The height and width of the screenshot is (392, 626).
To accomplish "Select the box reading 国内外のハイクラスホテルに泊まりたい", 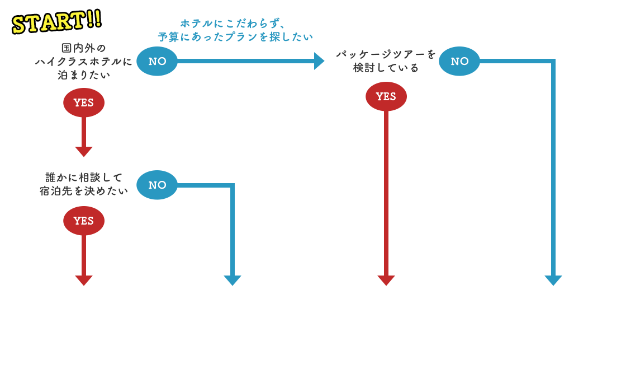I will pos(84,61).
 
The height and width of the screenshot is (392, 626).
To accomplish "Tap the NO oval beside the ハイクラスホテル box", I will pos(157,61).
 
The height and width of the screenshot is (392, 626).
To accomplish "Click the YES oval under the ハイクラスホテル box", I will pos(84,102).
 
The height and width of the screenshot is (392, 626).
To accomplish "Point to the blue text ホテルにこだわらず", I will pos(233,24).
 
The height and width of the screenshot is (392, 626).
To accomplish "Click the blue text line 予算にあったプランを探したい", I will pos(235,38).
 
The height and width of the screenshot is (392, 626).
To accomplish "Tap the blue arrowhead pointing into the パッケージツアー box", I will pos(319,61).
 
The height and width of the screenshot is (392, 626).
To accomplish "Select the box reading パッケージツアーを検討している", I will pos(386,61).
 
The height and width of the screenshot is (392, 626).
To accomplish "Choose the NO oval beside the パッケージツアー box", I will pos(459,61).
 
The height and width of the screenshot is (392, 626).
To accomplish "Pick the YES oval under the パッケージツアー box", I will pos(386,96).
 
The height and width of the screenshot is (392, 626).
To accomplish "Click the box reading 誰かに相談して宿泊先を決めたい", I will pos(84,184).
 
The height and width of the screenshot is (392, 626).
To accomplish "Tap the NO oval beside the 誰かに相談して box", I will pos(157,185).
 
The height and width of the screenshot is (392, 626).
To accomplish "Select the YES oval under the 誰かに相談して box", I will pos(84,221).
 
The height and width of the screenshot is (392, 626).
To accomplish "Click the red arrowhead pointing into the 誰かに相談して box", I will pos(84,152).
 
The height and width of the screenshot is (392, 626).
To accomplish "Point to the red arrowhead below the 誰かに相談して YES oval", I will pos(84,281).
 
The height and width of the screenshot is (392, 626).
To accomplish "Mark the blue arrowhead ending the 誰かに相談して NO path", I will pos(232,281).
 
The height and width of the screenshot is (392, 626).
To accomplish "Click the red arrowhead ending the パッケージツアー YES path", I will pos(386,281).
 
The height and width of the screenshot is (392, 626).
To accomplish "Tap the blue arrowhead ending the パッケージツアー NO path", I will pos(553,281).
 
